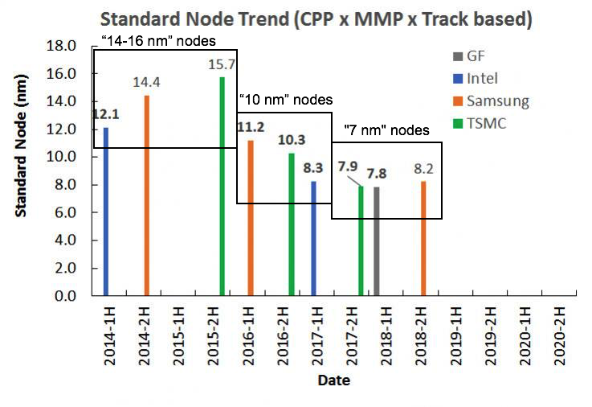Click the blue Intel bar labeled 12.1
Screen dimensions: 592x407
(106, 212)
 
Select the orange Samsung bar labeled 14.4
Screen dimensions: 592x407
(147, 195)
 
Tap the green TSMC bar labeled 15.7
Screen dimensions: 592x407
(222, 187)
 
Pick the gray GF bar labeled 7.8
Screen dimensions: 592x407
(377, 241)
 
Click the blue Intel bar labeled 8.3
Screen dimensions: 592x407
(313, 238)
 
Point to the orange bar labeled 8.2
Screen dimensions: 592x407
(423, 238)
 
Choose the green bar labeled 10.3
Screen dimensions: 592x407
(292, 224)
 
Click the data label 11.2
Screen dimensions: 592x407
(251, 127)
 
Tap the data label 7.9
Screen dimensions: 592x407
(348, 166)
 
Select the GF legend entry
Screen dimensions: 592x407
(468, 56)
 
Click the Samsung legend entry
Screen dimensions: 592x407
(491, 101)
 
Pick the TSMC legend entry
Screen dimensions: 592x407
(479, 124)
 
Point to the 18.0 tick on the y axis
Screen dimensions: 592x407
(61, 46)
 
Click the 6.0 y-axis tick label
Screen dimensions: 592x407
(65, 212)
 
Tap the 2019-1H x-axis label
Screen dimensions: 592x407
(456, 336)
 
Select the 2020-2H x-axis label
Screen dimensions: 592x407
(560, 336)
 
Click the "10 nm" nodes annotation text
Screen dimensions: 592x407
(286, 100)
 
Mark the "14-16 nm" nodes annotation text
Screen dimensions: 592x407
(159, 41)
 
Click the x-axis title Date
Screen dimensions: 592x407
(334, 380)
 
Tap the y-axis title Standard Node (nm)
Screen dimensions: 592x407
(21, 146)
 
